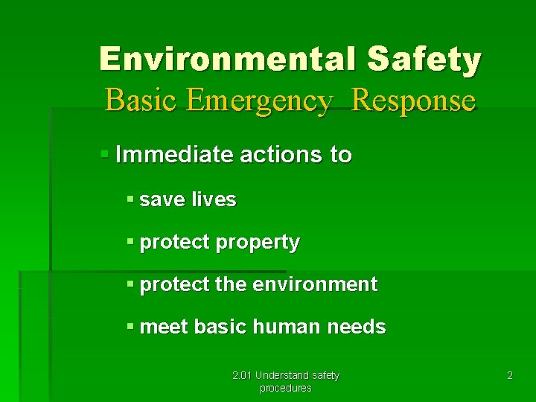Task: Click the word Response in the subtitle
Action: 413,100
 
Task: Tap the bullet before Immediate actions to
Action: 105,155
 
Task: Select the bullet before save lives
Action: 130,199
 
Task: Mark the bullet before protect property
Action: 130,241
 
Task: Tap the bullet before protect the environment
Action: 130,284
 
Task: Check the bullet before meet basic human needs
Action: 130,326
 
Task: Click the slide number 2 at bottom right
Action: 510,376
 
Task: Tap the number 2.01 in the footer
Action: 242,375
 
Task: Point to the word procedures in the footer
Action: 285,388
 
